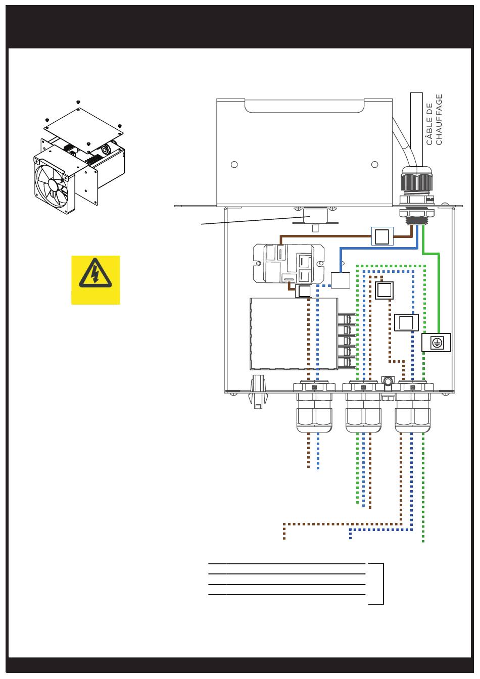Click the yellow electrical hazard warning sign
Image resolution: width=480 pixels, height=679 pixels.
95,280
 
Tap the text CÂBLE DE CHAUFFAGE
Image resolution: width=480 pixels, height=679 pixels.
434,119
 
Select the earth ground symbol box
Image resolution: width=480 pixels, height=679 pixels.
436,342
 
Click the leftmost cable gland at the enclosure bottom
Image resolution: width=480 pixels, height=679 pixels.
314,406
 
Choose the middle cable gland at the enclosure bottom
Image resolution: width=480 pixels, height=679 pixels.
363,406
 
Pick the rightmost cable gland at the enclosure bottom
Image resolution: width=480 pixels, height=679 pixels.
412,406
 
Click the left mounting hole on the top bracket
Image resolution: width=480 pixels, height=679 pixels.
234,164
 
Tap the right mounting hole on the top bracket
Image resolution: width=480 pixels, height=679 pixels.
375,164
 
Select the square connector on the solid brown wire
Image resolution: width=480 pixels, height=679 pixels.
382,236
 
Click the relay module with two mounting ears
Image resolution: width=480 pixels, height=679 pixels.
289,263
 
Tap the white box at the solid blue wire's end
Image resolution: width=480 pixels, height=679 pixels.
340,280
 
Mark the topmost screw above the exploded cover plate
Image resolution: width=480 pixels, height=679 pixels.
78,102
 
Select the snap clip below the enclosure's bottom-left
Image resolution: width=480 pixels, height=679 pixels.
258,392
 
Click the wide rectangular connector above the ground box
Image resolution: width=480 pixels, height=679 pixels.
406,322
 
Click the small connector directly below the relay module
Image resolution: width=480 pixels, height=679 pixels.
304,291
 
